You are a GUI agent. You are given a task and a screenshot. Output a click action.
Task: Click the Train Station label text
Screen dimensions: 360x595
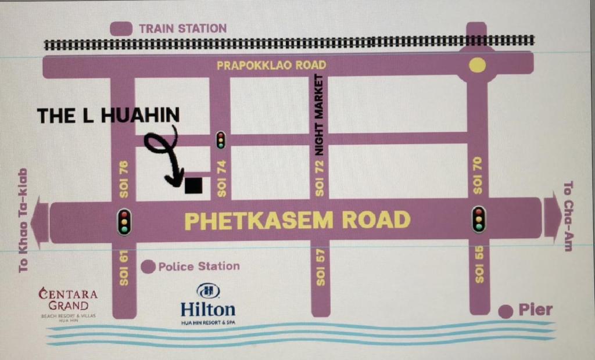click(182, 28)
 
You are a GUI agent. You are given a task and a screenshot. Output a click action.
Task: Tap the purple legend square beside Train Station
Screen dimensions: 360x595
click(120, 28)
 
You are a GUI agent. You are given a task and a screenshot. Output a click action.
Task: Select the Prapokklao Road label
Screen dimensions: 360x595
click(271, 65)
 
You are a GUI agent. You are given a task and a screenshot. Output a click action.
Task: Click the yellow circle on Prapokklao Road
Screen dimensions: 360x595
click(477, 66)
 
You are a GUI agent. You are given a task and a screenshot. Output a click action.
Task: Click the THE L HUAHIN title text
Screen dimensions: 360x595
click(108, 116)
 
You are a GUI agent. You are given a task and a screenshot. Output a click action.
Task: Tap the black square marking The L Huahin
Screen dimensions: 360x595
click(193, 185)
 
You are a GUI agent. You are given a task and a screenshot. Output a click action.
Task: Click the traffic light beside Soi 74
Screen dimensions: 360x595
click(221, 140)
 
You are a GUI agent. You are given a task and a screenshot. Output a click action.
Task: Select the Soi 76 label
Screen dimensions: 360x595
click(123, 179)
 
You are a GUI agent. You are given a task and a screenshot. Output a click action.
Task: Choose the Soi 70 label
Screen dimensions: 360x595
click(478, 175)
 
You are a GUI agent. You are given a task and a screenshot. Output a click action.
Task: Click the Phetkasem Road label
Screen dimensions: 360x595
click(297, 221)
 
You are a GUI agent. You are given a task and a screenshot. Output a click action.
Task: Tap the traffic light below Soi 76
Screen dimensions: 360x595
click(124, 221)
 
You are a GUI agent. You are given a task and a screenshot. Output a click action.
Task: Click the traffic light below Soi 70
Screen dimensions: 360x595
click(478, 219)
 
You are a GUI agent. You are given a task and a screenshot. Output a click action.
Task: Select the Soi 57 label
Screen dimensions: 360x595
click(320, 267)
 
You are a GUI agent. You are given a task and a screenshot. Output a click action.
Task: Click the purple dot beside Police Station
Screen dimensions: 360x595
click(148, 267)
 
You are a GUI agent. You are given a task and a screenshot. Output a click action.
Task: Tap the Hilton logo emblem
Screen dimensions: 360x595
click(207, 291)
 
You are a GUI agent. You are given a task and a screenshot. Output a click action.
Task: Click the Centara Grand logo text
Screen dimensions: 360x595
click(68, 299)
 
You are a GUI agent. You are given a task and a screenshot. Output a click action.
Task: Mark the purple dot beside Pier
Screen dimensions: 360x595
click(506, 311)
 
